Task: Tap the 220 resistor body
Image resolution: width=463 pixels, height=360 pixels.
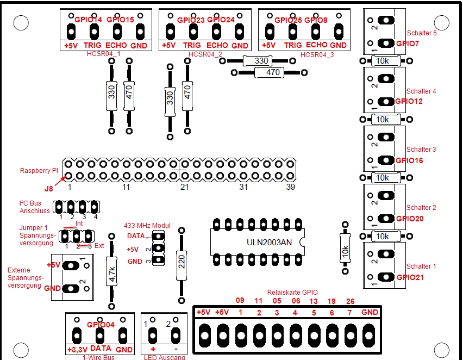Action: coord(182,265)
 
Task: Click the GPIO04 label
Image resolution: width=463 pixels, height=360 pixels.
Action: coord(101,325)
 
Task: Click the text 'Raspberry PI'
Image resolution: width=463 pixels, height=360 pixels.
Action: coord(39,170)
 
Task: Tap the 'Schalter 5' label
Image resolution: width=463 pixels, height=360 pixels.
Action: coord(421,33)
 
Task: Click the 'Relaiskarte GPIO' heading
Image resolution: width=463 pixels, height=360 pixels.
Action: coord(292,292)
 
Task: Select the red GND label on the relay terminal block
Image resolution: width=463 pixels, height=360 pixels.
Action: coord(370,312)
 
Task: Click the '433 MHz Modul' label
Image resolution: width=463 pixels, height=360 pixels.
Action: coord(147,225)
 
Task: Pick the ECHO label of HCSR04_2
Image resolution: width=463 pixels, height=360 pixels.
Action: coord(217,46)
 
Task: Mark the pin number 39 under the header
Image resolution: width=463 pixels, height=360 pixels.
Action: coord(291,187)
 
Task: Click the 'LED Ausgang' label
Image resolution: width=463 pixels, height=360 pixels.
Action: coord(164,357)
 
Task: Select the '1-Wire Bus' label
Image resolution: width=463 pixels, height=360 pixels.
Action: coord(99,357)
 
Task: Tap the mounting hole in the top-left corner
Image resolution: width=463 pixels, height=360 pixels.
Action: coord(20,23)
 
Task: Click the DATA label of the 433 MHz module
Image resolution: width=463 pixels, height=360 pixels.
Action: coord(136,236)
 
